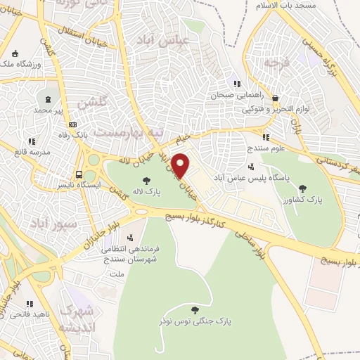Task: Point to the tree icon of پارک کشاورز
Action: pos(302,188)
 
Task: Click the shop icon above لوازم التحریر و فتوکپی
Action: pos(275,98)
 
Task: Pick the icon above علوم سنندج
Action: pos(266,137)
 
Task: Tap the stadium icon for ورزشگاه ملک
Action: pos(15,53)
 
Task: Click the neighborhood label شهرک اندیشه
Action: pos(76,319)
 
